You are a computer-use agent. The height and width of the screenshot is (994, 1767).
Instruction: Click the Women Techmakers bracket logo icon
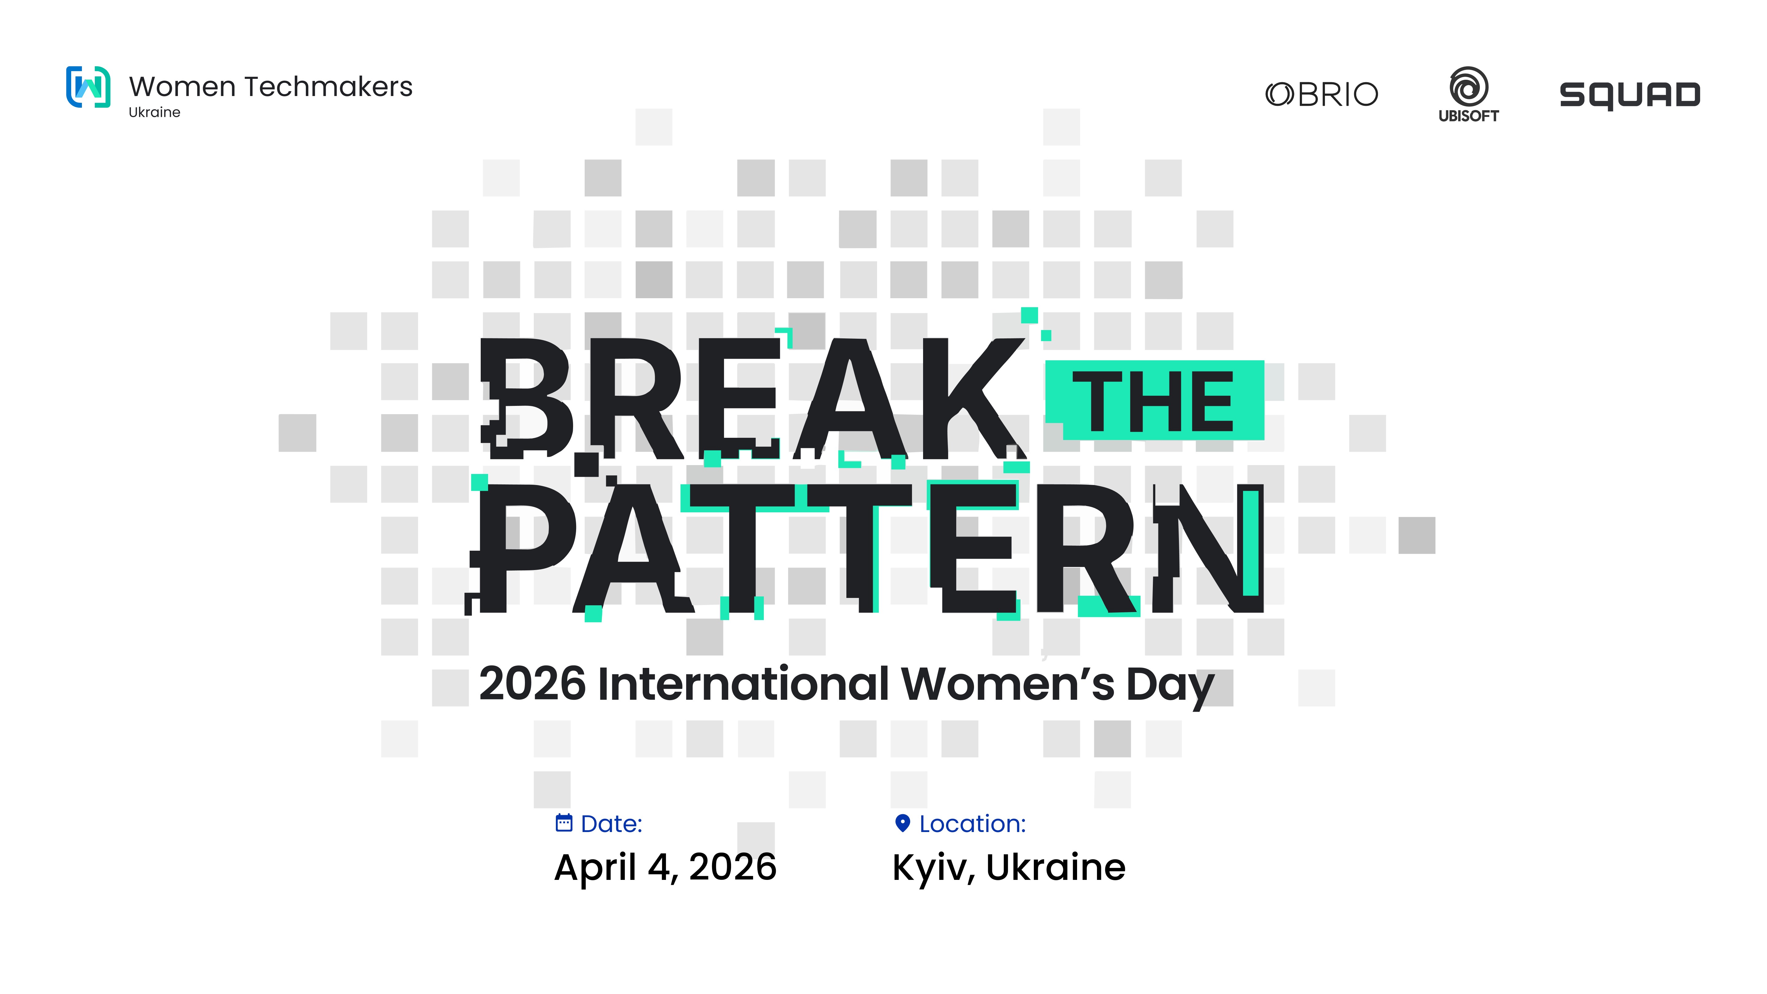tap(88, 87)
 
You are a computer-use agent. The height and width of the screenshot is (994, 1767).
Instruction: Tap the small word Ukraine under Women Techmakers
tap(154, 113)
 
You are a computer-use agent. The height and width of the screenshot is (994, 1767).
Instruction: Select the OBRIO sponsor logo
tap(1321, 94)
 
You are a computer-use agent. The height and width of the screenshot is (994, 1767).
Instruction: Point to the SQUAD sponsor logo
tap(1630, 95)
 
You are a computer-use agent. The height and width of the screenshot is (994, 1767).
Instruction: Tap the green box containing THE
tap(1154, 400)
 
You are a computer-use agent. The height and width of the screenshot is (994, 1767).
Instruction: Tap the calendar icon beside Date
tap(564, 823)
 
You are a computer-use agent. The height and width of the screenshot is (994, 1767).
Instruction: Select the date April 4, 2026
tap(665, 868)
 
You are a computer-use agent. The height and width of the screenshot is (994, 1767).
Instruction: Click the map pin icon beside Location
tap(903, 823)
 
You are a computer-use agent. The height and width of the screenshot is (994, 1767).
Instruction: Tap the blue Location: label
tap(973, 823)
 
